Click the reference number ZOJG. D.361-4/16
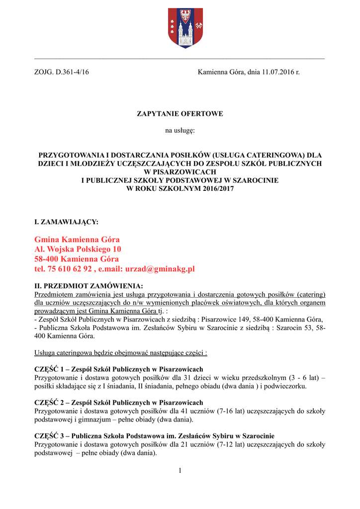click(61, 73)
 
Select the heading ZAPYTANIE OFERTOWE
click(180, 114)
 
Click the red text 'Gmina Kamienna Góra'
click(77, 240)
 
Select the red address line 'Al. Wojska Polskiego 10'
click(78, 249)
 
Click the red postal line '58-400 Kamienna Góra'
click(77, 259)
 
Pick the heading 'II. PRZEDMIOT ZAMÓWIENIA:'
click(89, 286)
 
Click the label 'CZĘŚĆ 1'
click(49, 369)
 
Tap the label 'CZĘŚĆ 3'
click(49, 436)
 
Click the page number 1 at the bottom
click(180, 471)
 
